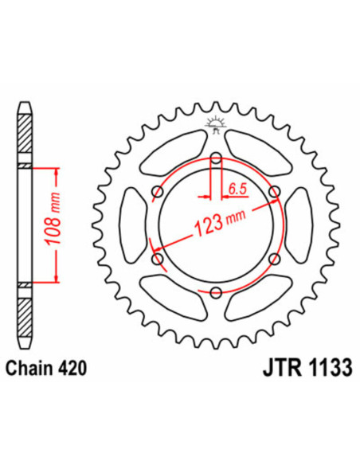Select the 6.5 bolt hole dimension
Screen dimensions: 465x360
point(236,189)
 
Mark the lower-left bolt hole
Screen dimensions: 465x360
point(157,259)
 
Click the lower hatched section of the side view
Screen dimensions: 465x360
point(25,315)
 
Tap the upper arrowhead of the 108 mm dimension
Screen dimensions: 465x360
point(57,170)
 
